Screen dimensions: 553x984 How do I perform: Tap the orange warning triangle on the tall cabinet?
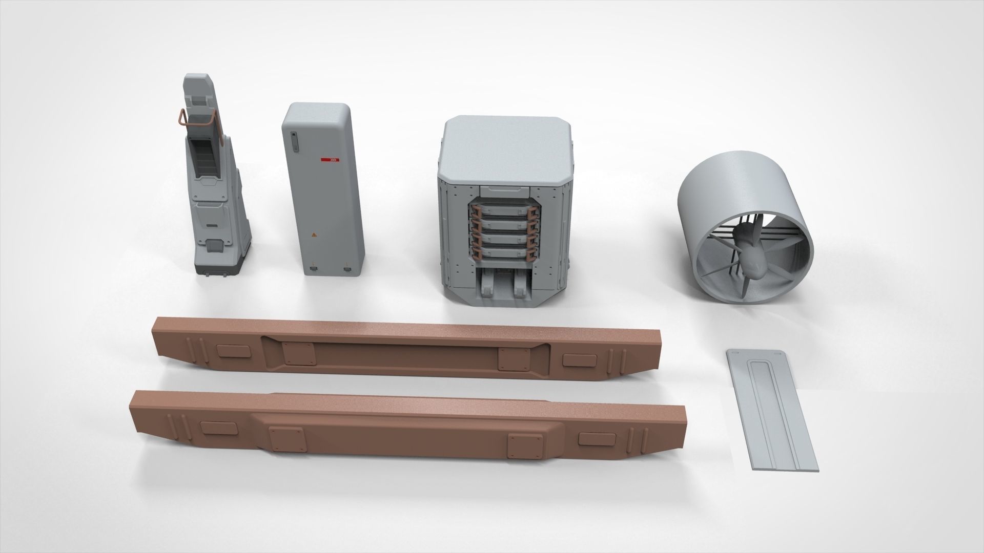coord(314,236)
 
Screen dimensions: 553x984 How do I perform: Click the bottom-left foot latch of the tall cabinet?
coord(312,267)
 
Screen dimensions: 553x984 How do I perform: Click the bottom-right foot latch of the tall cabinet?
coord(347,268)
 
